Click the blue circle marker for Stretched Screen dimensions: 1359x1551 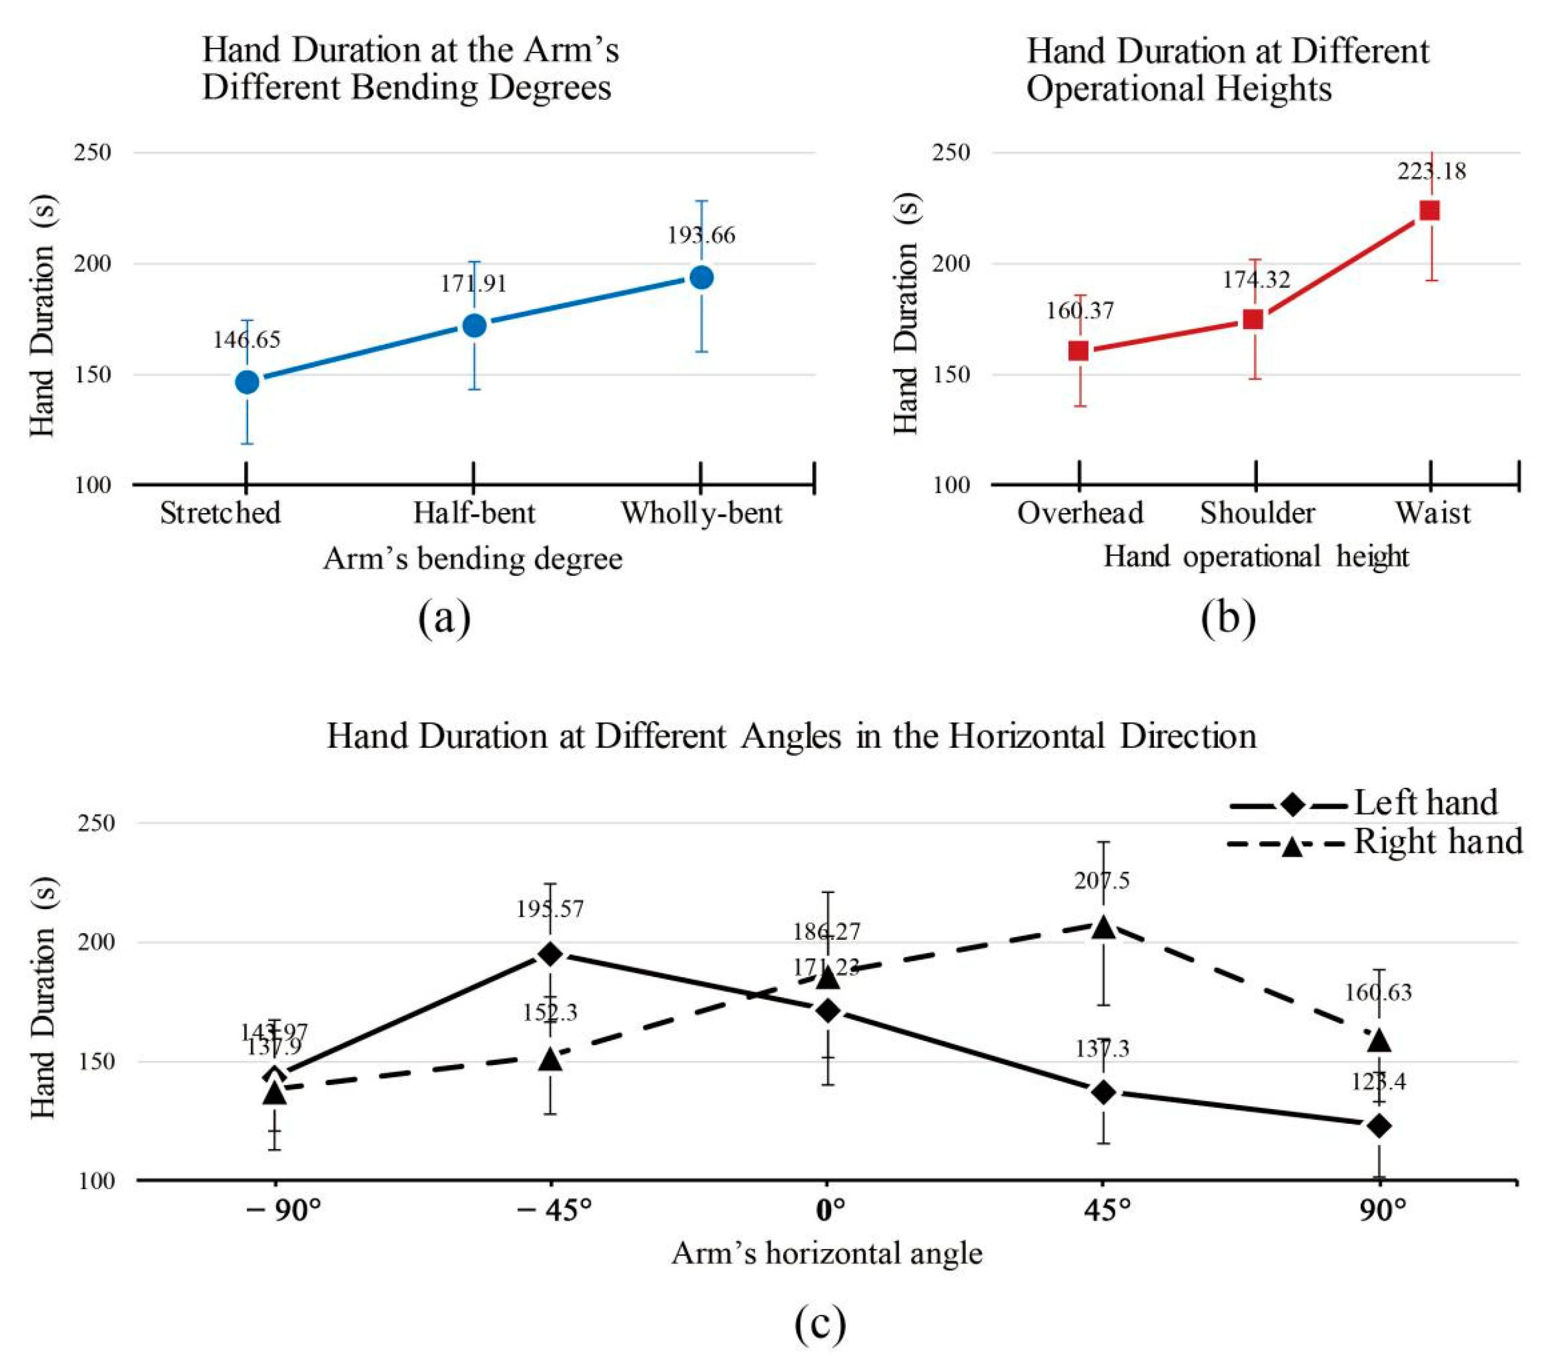coord(247,381)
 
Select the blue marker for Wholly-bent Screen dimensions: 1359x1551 coord(701,278)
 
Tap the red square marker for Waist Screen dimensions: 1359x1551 coord(1429,210)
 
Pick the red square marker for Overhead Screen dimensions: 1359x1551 coord(1079,350)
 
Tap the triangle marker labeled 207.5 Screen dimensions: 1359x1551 coord(1103,926)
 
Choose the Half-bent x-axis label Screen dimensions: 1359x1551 coord(474,513)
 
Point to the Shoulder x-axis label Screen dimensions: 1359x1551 coord(1257,513)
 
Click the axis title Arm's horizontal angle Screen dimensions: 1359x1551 coord(827,1253)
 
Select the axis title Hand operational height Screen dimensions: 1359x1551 coord(1255,557)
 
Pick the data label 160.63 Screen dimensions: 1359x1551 coord(1377,992)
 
